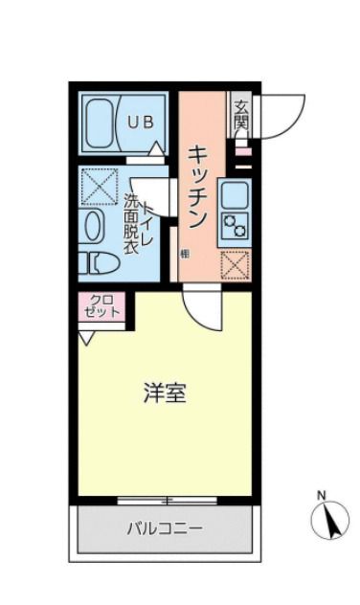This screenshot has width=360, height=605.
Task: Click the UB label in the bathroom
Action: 142,122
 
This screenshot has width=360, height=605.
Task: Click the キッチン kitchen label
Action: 199,186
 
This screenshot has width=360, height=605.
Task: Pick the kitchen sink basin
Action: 235,194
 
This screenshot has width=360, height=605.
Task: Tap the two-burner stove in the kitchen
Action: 235,227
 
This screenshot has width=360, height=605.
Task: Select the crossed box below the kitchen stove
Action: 235,263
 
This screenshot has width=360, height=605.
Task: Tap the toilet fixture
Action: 98,261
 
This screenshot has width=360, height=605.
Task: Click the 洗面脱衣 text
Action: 131,224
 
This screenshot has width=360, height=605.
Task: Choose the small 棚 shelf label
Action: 185,255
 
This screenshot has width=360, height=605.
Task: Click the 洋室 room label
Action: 164,392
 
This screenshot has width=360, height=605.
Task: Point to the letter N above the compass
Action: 322,495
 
